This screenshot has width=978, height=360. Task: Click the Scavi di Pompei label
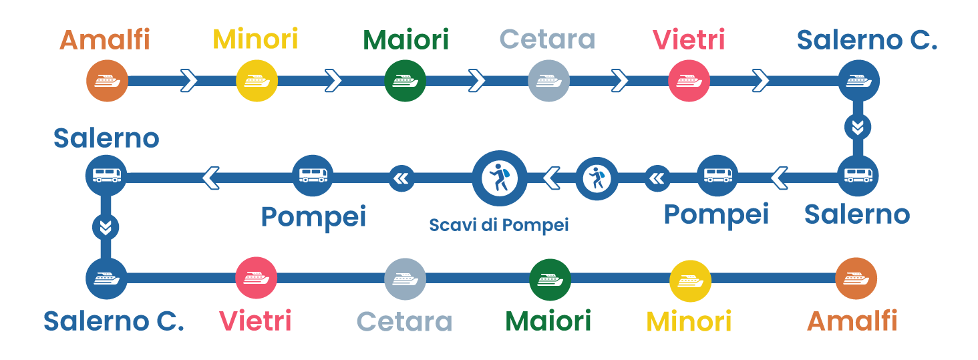pyautogui.click(x=498, y=225)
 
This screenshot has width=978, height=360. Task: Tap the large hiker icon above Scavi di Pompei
pyautogui.click(x=499, y=178)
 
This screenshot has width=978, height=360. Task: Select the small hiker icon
pyautogui.click(x=597, y=178)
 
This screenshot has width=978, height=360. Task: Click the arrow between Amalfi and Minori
pyautogui.click(x=189, y=81)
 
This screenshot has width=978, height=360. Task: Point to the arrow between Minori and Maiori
pyautogui.click(x=333, y=81)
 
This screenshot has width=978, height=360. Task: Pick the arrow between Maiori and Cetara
pyautogui.click(x=476, y=81)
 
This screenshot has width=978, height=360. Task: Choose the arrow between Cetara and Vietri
pyautogui.click(x=620, y=81)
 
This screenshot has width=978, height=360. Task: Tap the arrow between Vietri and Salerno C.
pyautogui.click(x=760, y=81)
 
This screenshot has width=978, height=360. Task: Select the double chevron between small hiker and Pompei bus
pyautogui.click(x=657, y=178)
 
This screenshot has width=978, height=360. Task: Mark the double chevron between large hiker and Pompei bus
pyautogui.click(x=401, y=178)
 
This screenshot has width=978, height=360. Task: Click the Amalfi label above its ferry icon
pyautogui.click(x=105, y=40)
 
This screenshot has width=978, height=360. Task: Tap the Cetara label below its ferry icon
pyautogui.click(x=405, y=321)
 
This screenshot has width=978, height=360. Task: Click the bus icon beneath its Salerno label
pyautogui.click(x=106, y=176)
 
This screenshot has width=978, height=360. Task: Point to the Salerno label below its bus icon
pyautogui.click(x=856, y=214)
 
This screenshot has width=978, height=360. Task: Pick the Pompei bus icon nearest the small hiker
pyautogui.click(x=717, y=176)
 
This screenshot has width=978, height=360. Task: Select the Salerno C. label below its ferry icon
pyautogui.click(x=114, y=321)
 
